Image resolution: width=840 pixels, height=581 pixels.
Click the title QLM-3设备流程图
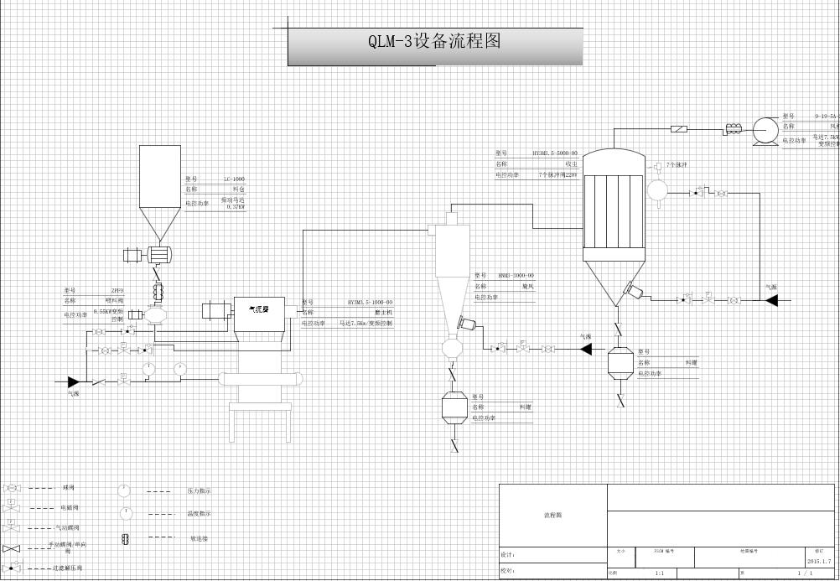pyautogui.click(x=434, y=41)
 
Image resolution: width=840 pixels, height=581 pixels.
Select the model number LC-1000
pyautogui.click(x=235, y=179)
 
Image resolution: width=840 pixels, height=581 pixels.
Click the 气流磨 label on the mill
pyautogui.click(x=260, y=309)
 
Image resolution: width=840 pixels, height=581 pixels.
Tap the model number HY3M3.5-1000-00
pyautogui.click(x=370, y=302)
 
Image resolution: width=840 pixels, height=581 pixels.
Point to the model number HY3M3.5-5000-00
pyautogui.click(x=555, y=153)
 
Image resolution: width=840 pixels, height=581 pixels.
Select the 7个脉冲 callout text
pyautogui.click(x=677, y=164)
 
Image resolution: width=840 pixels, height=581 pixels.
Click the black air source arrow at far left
pyautogui.click(x=74, y=382)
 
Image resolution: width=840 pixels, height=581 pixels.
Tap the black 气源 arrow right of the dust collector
pyautogui.click(x=771, y=299)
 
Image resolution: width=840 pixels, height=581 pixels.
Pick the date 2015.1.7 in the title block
pyautogui.click(x=819, y=562)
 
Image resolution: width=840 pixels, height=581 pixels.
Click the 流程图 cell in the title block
pyautogui.click(x=552, y=515)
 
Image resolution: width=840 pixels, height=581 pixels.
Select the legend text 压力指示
pyautogui.click(x=200, y=491)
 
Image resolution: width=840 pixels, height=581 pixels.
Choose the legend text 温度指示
pyautogui.click(x=200, y=513)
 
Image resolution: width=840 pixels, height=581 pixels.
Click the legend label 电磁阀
pyautogui.click(x=70, y=508)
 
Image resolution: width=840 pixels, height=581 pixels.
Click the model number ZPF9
pyautogui.click(x=117, y=291)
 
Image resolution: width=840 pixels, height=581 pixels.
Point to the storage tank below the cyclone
pyautogui.click(x=454, y=407)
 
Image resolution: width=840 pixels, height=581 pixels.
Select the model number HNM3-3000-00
pyautogui.click(x=516, y=276)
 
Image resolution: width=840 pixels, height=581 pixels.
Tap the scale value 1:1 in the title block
pyautogui.click(x=659, y=573)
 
